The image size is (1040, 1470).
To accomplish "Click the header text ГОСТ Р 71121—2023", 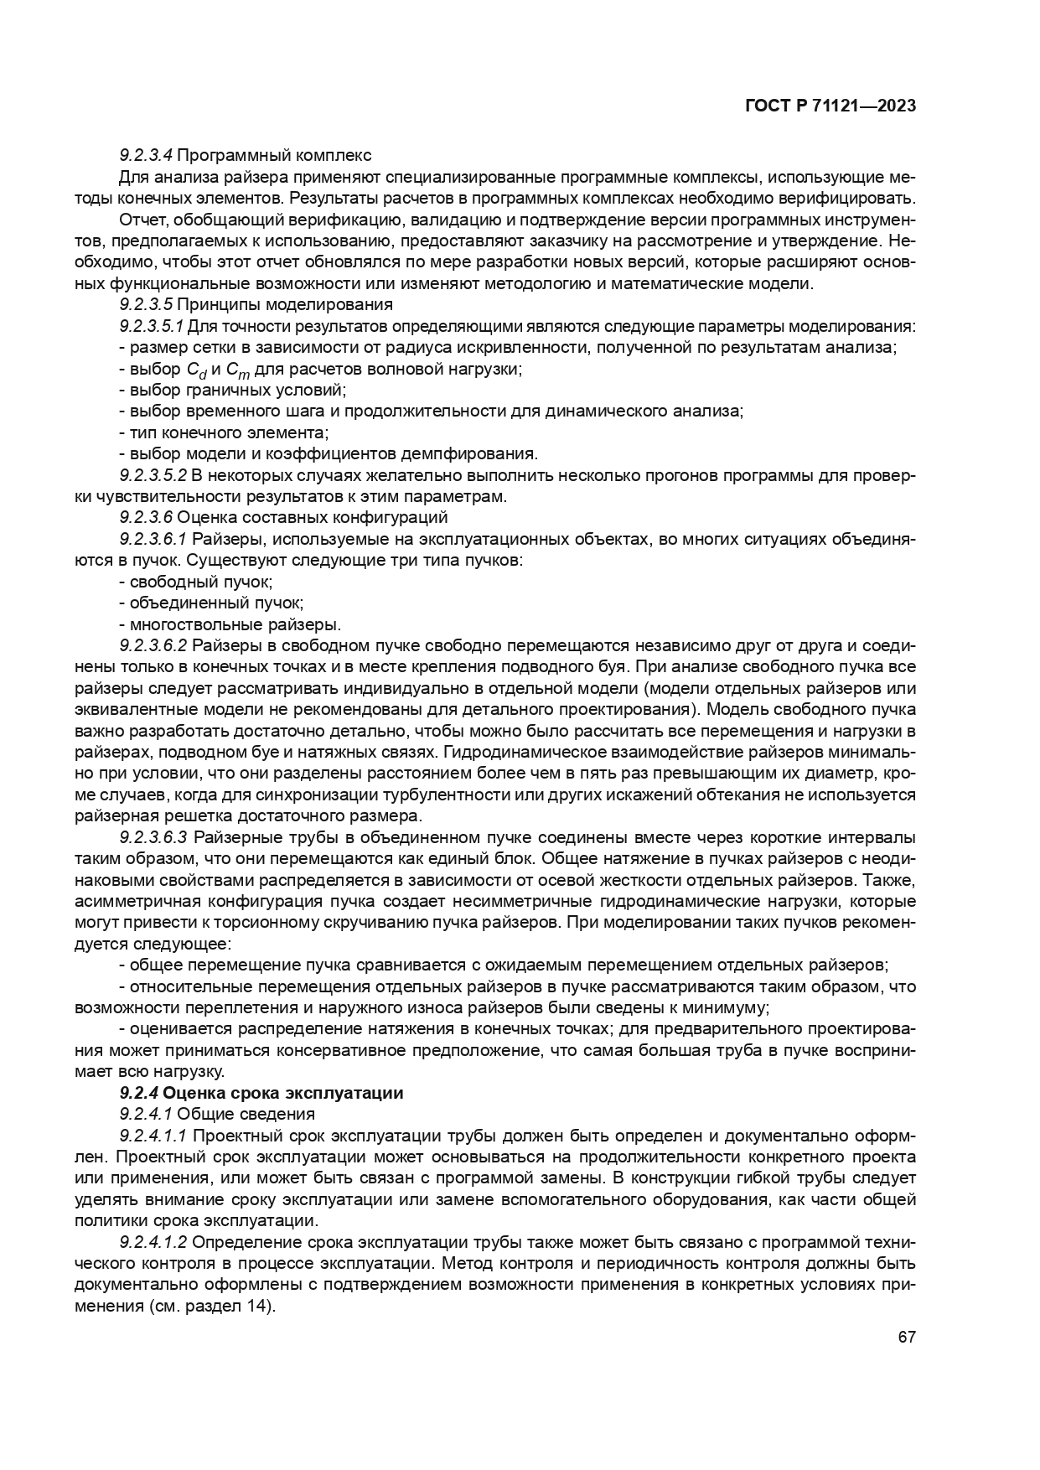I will (829, 106).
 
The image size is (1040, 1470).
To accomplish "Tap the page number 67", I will (907, 1337).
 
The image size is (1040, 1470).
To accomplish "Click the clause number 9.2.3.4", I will (146, 155).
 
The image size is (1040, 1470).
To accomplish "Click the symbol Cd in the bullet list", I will (196, 370).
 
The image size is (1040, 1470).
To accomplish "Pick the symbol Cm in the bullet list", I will (239, 370).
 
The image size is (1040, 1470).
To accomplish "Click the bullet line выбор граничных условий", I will (232, 391).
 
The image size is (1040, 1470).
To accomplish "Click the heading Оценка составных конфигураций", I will (313, 517).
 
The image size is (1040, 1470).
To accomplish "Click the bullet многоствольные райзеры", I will (230, 624).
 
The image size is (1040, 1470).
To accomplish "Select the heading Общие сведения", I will (246, 1114).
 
